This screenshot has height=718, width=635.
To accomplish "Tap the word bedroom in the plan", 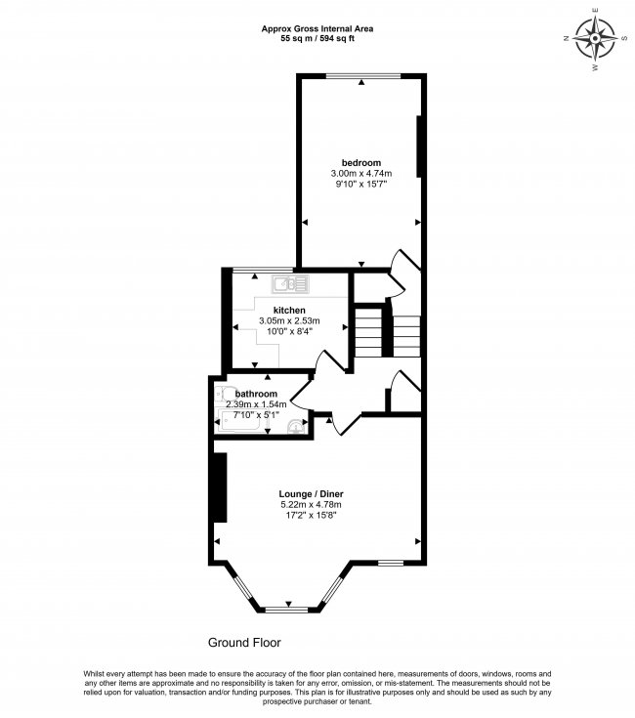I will [x=360, y=162].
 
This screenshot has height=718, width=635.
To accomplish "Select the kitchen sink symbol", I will [x=290, y=284].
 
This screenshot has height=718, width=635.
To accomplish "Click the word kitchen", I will [x=290, y=310].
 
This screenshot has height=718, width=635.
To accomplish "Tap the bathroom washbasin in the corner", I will [x=297, y=426].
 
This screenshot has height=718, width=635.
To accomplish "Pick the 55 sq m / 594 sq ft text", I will [x=317, y=39].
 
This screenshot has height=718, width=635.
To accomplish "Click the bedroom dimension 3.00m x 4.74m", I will [x=360, y=174].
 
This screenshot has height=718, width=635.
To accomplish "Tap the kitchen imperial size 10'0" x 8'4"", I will [x=290, y=331].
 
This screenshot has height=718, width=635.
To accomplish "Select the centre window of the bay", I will [x=288, y=610].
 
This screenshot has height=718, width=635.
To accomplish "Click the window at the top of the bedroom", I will [x=362, y=76].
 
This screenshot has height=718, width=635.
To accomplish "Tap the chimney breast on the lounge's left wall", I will [x=221, y=487].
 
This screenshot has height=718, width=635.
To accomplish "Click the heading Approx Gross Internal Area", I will [x=317, y=28].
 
